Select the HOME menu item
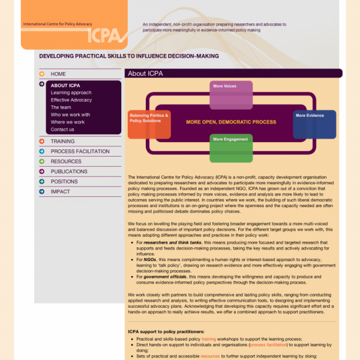tap(58, 74)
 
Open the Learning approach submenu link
tap(71, 93)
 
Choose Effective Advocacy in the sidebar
tap(71, 100)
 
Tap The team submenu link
tap(61, 107)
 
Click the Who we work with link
tap(70, 115)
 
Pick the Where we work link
tap(68, 122)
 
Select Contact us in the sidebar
tap(62, 130)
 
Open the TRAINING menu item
tap(62, 142)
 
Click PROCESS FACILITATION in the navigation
tap(80, 152)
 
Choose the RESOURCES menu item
tap(66, 161)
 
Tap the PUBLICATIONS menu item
tap(69, 172)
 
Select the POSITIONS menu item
tap(64, 182)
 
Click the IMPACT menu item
tap(60, 192)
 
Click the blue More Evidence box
tap(314, 124)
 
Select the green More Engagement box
tap(231, 148)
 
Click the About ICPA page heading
tap(146, 74)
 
